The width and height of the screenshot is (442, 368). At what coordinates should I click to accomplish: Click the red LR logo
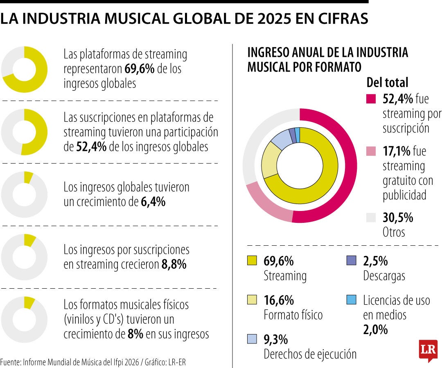pos(428,350)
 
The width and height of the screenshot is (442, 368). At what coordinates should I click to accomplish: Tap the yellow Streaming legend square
pos(252,260)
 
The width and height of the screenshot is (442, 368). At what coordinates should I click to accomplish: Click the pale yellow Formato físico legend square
pos(252,300)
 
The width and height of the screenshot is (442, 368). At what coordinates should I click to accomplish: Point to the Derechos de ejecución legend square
pos(252,339)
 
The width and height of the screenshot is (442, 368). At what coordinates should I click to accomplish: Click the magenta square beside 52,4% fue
pos(371,99)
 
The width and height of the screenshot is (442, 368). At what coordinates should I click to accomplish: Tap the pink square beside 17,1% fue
pos(371,151)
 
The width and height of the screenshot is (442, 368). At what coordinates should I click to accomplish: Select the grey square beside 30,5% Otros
pos(371,217)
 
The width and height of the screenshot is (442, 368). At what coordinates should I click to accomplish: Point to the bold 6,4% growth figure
pos(153,202)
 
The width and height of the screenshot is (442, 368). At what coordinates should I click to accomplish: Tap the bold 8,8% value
pos(174,265)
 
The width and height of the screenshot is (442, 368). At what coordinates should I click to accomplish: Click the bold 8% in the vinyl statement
pos(135,334)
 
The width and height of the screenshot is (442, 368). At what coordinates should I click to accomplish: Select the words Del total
pos(387,83)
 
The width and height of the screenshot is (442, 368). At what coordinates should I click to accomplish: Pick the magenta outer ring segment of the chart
pos(348,172)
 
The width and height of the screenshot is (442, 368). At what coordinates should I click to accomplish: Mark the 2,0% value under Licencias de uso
pos(375,329)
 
